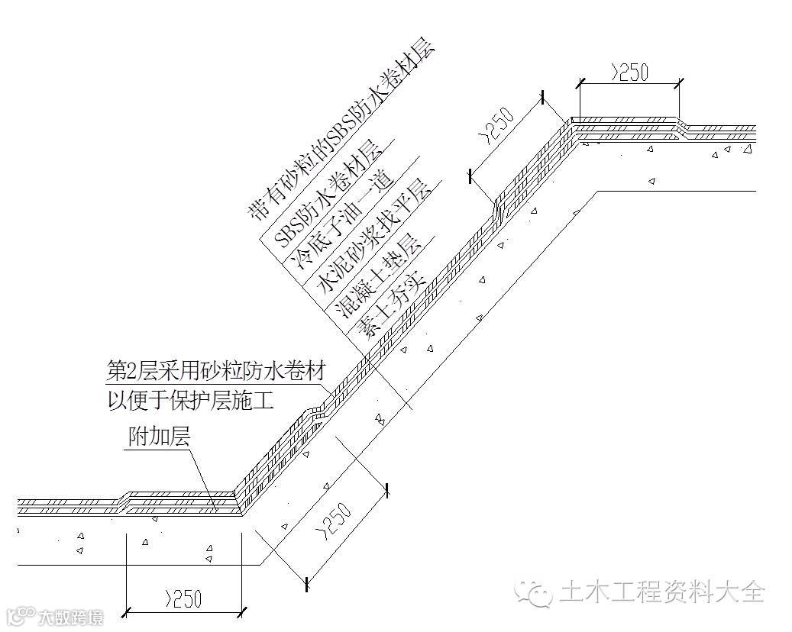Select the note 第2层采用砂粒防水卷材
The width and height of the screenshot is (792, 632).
[x=216, y=372]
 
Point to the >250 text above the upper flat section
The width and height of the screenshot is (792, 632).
[x=629, y=73]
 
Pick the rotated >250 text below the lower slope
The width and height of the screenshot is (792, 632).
[x=336, y=520]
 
